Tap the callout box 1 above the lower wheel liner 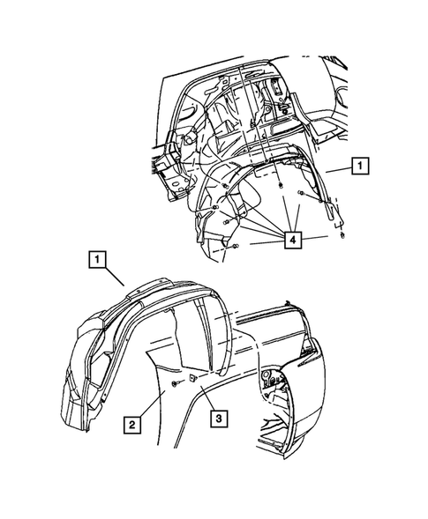point(97,260)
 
